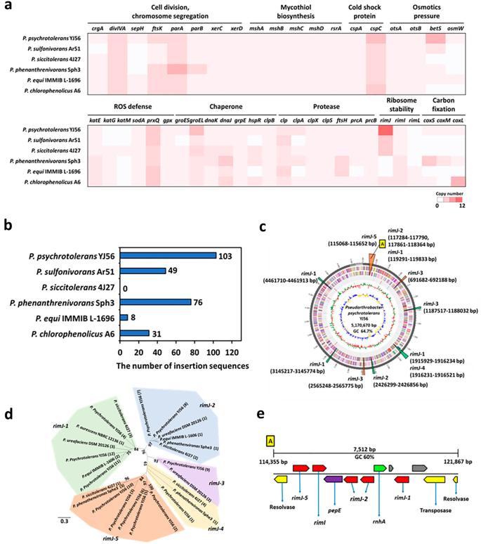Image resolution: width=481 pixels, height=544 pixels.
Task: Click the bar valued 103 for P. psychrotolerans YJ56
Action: pyautogui.click(x=168, y=255)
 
